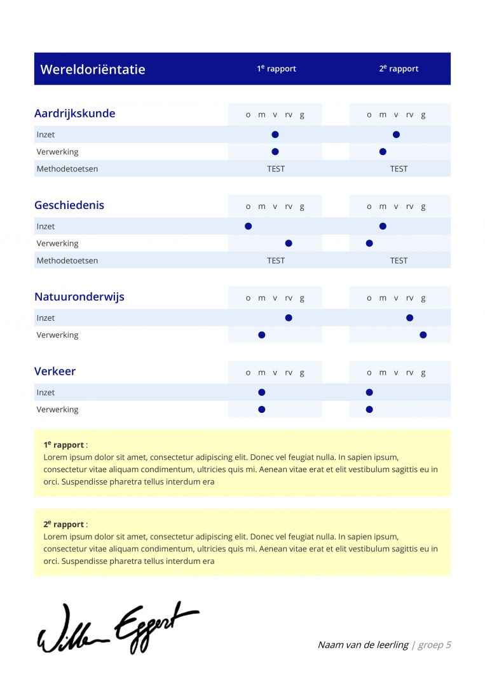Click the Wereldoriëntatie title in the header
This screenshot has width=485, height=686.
pos(93,69)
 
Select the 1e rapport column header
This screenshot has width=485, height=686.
pos(277,69)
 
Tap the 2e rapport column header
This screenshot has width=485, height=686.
pos(399,69)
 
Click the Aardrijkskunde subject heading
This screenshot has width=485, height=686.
pos(75,114)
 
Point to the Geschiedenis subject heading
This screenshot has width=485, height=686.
pos(69,205)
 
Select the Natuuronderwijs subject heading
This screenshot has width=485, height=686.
pos(79,297)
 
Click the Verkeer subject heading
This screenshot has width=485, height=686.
pos(55,372)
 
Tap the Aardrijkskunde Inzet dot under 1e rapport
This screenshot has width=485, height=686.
pos(275,135)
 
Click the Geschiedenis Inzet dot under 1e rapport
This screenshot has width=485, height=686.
pos(249,226)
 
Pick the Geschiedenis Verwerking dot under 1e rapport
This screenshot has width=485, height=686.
pos(289,243)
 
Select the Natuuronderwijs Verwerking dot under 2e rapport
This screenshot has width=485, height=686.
pos(423,335)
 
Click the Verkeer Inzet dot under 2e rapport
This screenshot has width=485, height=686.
pos(369,393)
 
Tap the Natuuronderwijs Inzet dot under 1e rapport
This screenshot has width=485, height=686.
pos(289,318)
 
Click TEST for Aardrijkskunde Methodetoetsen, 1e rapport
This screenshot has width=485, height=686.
pos(276,169)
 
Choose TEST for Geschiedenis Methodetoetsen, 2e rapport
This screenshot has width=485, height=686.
pos(399,260)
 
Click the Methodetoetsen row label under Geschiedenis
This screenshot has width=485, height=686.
pos(67,260)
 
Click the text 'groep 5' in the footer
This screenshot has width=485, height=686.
pos(435,645)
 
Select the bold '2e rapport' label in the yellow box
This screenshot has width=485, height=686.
pos(64,524)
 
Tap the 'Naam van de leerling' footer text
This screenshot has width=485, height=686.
pos(363,645)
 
